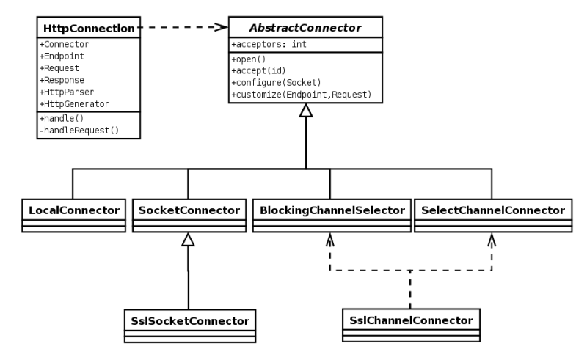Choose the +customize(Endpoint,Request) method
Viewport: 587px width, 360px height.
click(300, 94)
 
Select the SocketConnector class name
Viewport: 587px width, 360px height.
click(189, 210)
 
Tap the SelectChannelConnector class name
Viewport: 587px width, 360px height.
click(492, 210)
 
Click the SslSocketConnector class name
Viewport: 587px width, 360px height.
click(189, 320)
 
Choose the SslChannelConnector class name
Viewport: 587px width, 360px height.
click(410, 320)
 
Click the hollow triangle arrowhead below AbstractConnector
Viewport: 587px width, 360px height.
click(305, 111)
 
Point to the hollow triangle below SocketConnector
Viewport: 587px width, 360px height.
click(189, 240)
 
